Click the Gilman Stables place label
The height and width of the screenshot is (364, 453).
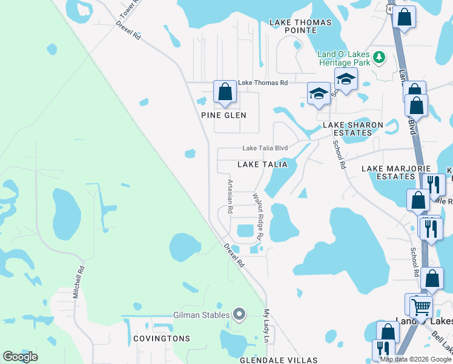[x=201, y=314]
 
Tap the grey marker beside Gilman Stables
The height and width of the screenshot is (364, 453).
[x=239, y=314]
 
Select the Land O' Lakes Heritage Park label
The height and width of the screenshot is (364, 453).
[x=345, y=57]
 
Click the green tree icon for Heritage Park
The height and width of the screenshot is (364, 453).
[x=380, y=57]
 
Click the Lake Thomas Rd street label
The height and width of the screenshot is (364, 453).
[x=262, y=83]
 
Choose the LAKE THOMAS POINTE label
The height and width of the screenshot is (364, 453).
[x=300, y=27]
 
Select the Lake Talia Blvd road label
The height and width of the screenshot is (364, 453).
[x=265, y=147]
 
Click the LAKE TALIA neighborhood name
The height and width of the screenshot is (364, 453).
[x=262, y=164]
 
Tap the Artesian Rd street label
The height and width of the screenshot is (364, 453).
[x=230, y=196]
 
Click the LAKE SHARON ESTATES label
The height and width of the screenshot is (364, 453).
[x=353, y=129]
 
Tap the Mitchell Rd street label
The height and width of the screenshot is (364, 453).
[x=78, y=283]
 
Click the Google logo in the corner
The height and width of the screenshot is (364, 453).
[x=20, y=357]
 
